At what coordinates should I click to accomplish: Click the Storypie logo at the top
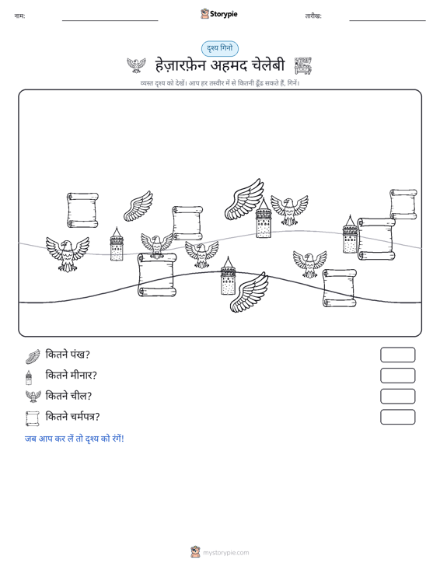[219, 14]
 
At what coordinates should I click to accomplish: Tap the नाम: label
[19, 16]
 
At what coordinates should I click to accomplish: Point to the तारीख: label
[313, 16]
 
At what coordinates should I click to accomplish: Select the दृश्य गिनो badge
[220, 48]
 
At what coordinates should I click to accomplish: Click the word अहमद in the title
[229, 65]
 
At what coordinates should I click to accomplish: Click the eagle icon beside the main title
[136, 65]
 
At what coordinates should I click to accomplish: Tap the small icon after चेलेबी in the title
[303, 65]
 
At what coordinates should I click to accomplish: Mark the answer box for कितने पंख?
[397, 355]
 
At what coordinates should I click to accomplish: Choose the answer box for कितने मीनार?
[397, 376]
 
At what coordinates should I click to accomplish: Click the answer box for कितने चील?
[397, 397]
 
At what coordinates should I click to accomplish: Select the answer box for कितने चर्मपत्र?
[397, 417]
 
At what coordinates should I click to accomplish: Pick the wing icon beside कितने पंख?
[33, 356]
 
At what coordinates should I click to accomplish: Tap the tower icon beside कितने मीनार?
[29, 377]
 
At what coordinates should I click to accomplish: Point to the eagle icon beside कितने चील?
[33, 397]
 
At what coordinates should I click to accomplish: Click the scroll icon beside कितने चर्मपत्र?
[33, 418]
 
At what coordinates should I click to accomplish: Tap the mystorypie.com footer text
[225, 553]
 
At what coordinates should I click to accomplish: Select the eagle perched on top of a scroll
[157, 246]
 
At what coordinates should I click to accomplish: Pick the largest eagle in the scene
[68, 254]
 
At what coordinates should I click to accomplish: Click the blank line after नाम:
[110, 20]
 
